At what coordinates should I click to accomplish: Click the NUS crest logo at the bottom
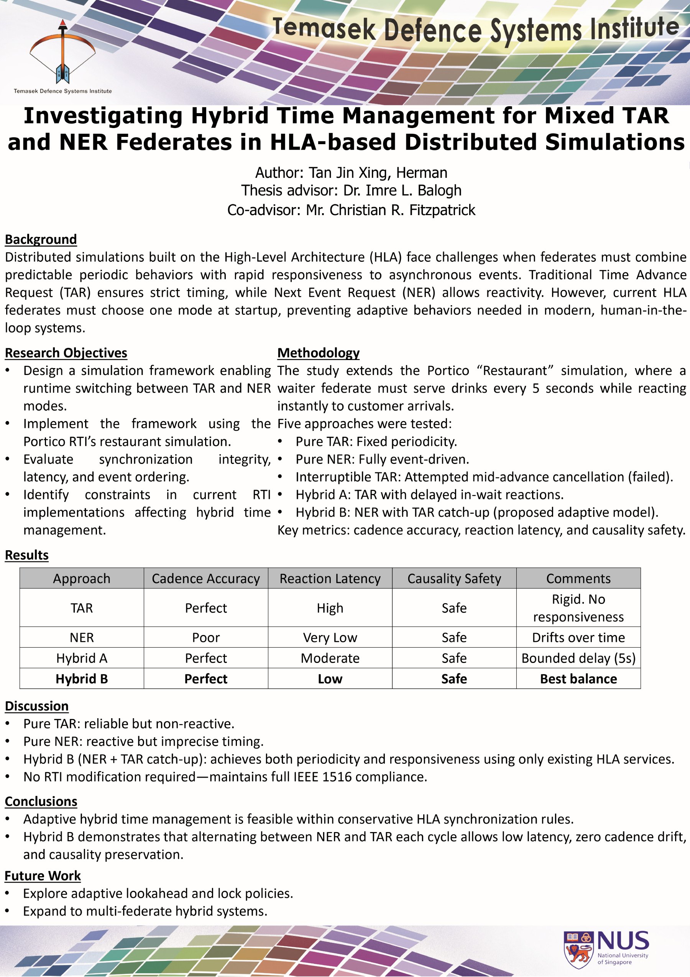tap(578, 949)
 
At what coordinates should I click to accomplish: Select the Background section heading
tap(41, 240)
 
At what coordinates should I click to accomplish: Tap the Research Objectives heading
tap(66, 353)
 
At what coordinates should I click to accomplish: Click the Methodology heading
tap(318, 353)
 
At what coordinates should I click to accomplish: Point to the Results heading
tap(27, 555)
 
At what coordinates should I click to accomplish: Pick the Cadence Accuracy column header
tap(206, 578)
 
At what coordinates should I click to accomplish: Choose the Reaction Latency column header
tap(330, 578)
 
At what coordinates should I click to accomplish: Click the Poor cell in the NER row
tap(206, 637)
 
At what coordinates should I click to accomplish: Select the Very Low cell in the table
tap(330, 637)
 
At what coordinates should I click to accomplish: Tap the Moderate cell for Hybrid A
tap(330, 658)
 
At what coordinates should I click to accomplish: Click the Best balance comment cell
tap(578, 679)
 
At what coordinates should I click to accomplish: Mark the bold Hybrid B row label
tap(82, 679)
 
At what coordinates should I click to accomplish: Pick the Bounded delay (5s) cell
tap(578, 658)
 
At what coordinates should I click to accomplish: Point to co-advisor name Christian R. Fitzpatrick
tap(391, 210)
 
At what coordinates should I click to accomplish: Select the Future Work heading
tap(43, 876)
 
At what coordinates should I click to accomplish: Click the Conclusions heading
tap(41, 801)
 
